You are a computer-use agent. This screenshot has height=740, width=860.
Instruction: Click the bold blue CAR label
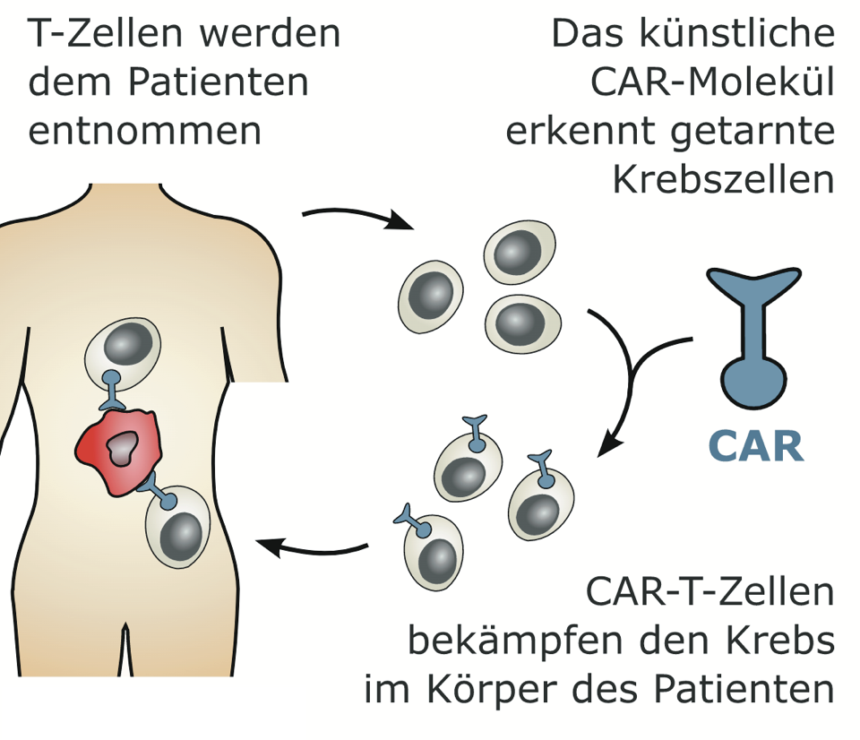[x=755, y=445]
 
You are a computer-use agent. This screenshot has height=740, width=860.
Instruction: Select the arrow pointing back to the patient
[x=314, y=546]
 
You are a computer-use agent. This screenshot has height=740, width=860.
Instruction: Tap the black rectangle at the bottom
[x=154, y=713]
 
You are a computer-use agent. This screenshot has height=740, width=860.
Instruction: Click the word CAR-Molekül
[x=712, y=82]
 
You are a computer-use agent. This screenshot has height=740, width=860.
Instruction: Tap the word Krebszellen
[x=724, y=179]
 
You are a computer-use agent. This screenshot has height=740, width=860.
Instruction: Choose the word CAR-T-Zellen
[x=710, y=592]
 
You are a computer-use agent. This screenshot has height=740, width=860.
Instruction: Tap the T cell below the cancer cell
[x=178, y=528]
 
